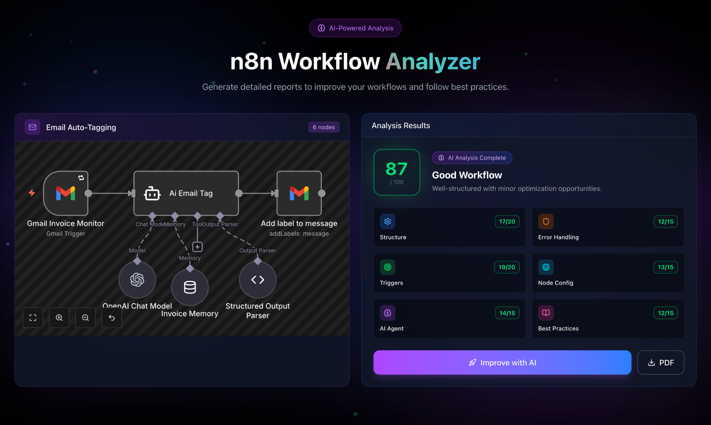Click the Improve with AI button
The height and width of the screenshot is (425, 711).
click(502, 362)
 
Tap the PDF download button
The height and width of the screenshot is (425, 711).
click(660, 362)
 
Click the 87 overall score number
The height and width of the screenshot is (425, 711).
click(396, 169)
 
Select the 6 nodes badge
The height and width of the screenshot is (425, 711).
click(323, 127)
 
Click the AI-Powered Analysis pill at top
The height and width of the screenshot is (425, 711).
click(355, 28)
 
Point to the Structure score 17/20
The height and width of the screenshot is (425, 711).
click(506, 221)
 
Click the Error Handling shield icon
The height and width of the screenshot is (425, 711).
click(546, 221)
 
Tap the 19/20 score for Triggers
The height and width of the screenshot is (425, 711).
click(506, 267)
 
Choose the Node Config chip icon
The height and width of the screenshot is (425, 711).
click(546, 267)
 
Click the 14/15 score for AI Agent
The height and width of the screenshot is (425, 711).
click(507, 313)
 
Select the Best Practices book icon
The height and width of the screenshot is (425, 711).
click(546, 313)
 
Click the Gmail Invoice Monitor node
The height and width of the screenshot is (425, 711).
click(66, 193)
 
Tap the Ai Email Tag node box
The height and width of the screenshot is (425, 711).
click(186, 193)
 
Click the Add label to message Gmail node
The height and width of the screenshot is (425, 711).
click(299, 193)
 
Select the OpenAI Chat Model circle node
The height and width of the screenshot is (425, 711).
click(137, 280)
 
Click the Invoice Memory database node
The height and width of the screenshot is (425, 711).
click(190, 287)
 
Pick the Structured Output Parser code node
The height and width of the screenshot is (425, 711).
click(258, 280)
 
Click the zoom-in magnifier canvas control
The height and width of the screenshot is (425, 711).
click(59, 318)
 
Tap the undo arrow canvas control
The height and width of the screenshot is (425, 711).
click(112, 318)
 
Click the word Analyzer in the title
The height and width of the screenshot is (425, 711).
click(433, 62)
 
